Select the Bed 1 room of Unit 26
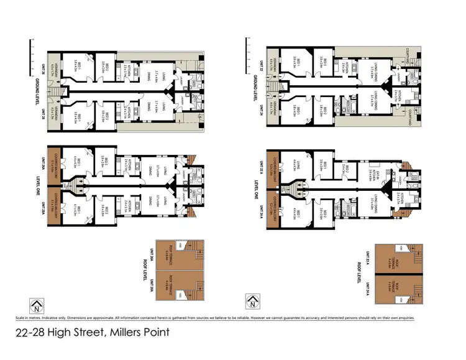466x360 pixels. [75, 62]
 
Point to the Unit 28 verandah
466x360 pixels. [58, 115]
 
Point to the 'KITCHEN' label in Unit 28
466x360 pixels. [129, 113]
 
